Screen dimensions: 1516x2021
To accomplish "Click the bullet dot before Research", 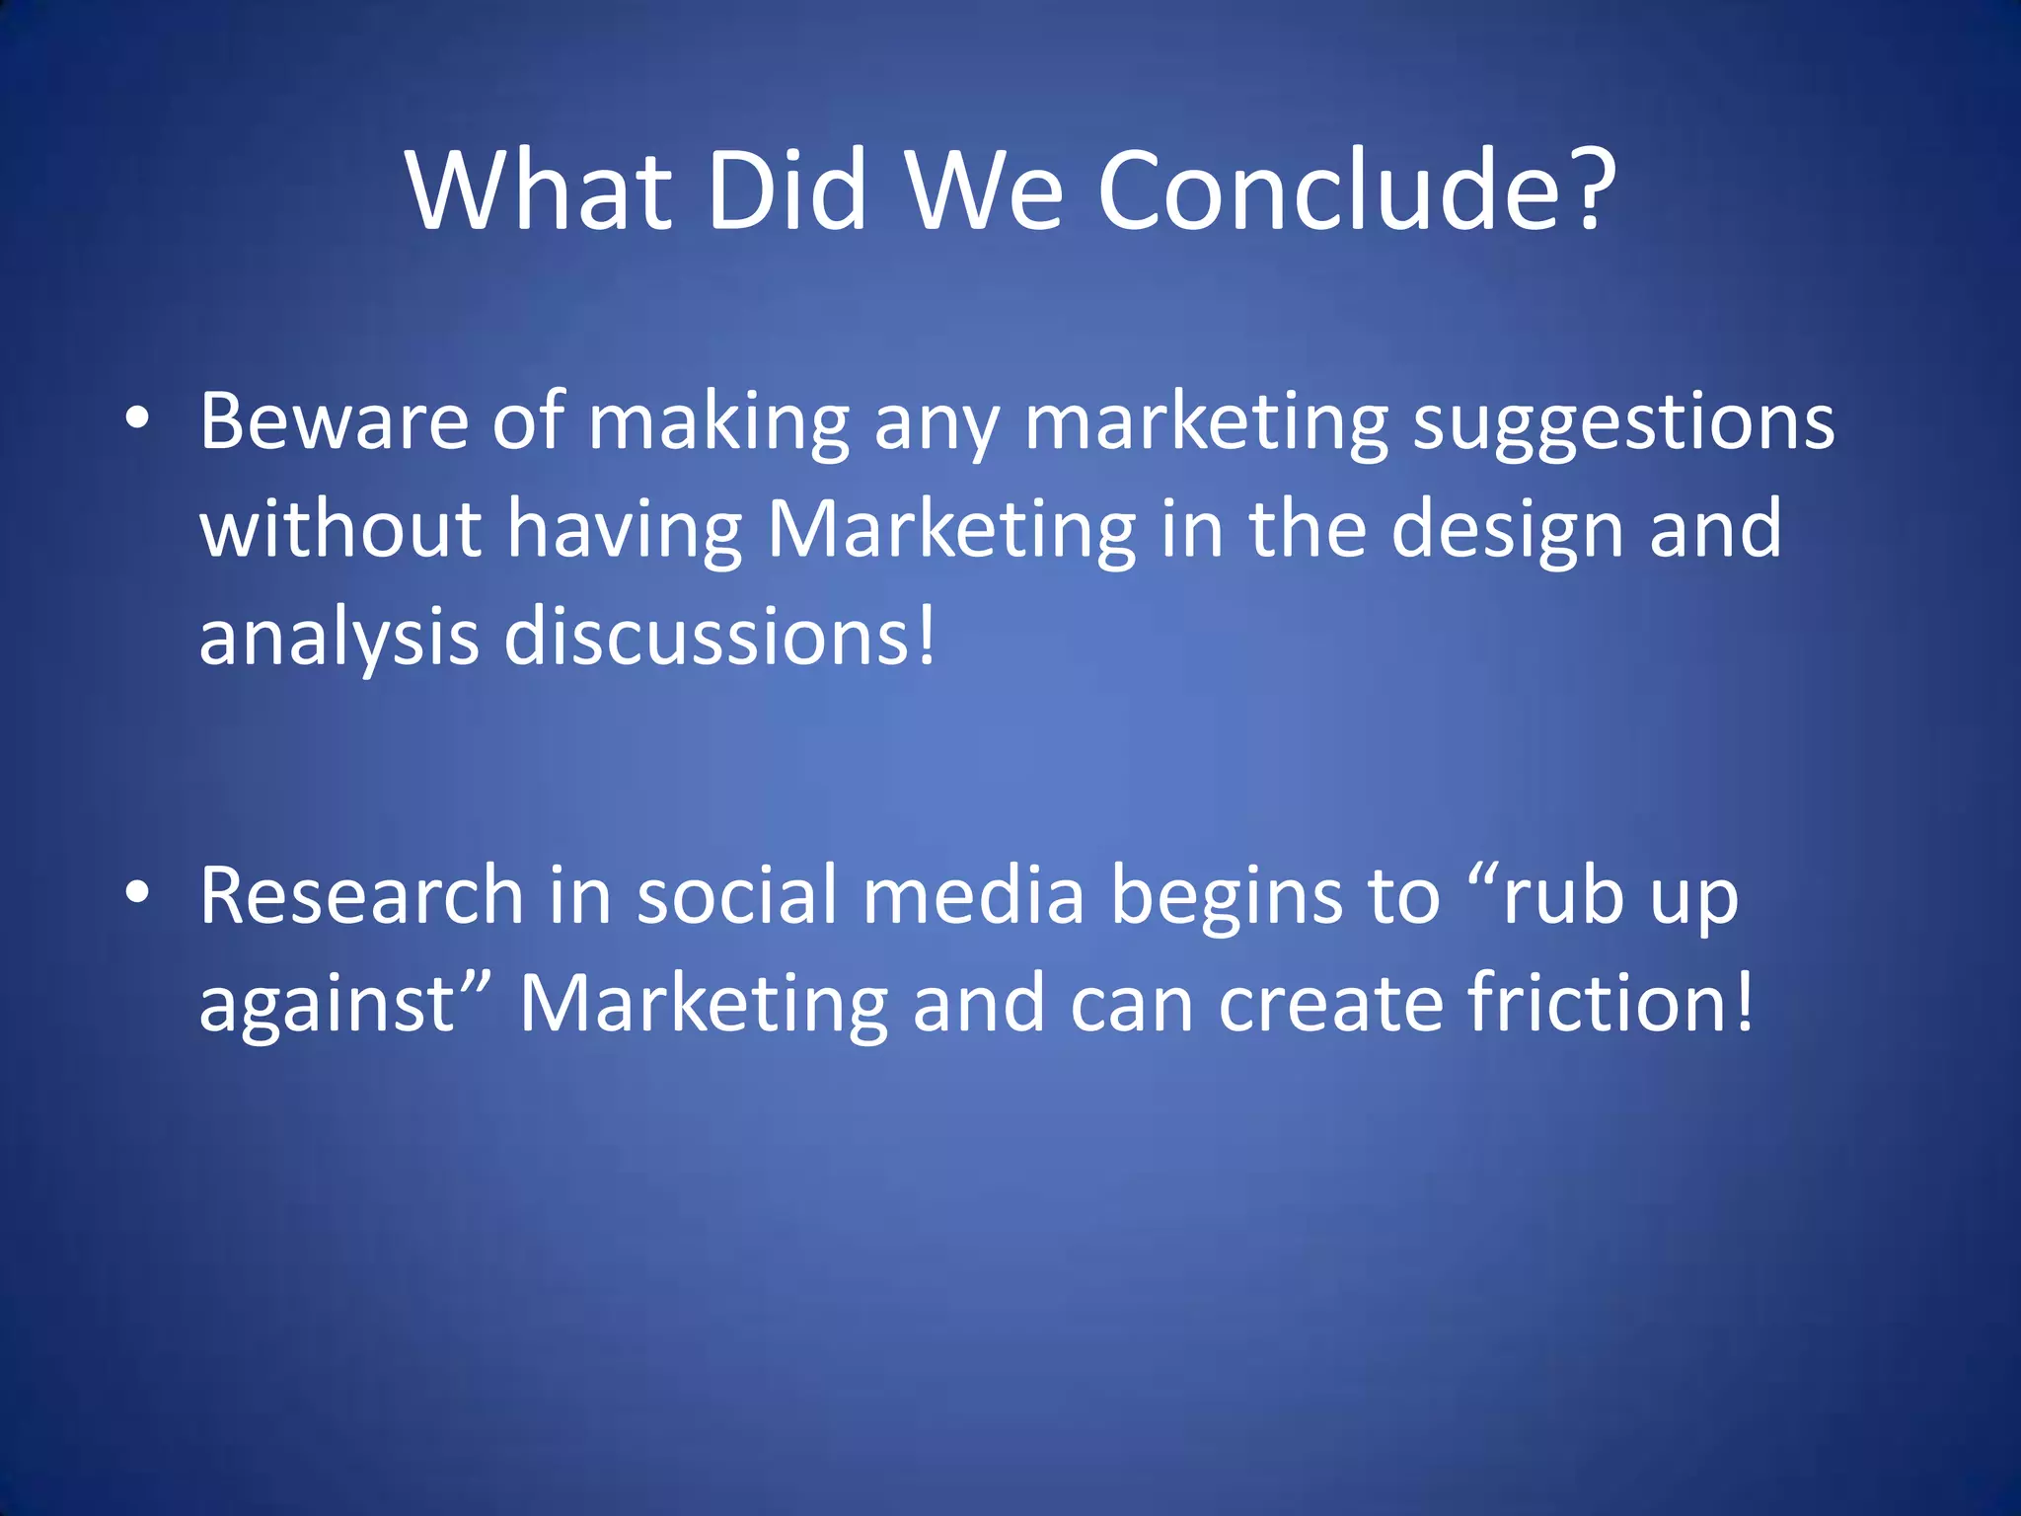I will pos(137,894).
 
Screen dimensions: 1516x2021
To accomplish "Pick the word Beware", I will pos(334,421).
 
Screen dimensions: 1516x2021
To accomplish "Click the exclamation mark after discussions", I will pos(926,637).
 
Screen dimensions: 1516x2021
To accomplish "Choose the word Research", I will pos(361,896).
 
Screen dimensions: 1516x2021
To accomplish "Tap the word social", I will pos(736,896).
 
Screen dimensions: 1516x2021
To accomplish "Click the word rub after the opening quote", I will pos(1563,896).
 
